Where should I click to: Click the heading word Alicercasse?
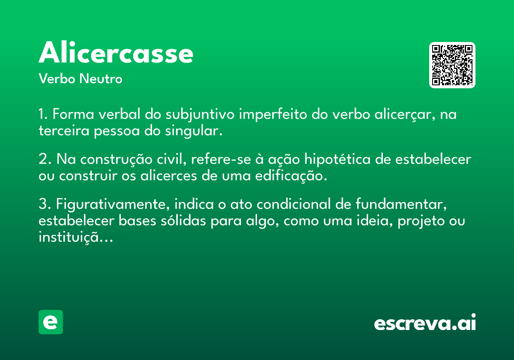[x=116, y=52]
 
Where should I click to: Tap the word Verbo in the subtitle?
[x=57, y=78]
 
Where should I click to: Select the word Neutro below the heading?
[x=101, y=78]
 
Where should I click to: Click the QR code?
[x=452, y=65]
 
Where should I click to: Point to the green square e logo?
[x=51, y=322]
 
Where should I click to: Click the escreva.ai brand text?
[x=425, y=322]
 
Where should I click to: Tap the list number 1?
[x=43, y=114]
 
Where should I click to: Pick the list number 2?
[x=45, y=159]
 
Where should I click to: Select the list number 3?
[x=45, y=204]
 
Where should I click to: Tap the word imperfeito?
[x=273, y=114]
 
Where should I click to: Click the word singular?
[x=194, y=131]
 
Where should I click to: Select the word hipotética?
[x=338, y=159]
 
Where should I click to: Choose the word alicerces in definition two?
[x=169, y=176]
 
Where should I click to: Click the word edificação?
[x=291, y=176]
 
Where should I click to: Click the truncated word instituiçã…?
[x=76, y=237]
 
